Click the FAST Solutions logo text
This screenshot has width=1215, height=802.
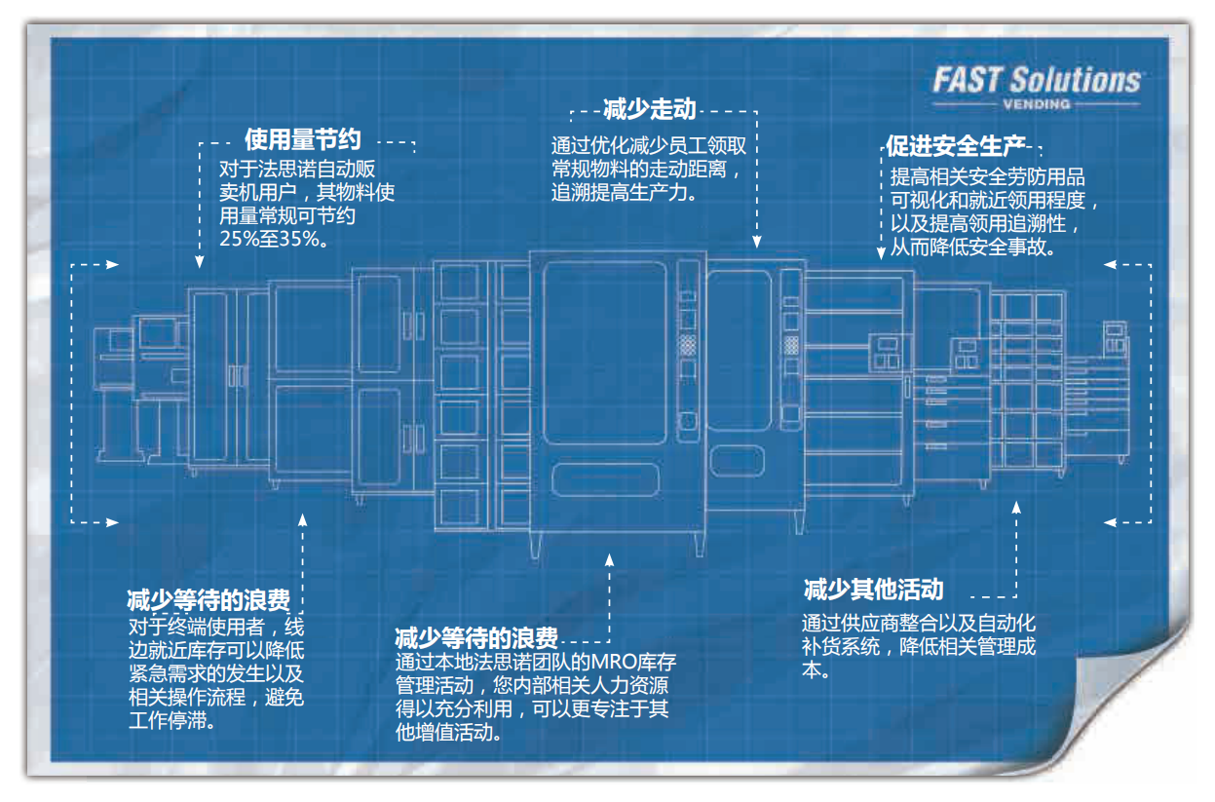tap(1036, 80)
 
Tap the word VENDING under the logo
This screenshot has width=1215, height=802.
tap(1036, 104)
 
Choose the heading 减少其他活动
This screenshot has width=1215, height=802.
tap(873, 590)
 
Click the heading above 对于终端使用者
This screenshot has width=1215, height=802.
tap(208, 599)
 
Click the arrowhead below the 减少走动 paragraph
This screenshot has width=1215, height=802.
tap(754, 245)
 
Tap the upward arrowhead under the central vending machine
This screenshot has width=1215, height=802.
tap(610, 560)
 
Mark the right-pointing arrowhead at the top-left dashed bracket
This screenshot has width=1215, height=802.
tap(114, 263)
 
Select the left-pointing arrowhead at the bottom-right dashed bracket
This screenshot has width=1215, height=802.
tap(1110, 522)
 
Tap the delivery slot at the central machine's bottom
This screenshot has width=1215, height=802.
tap(605, 478)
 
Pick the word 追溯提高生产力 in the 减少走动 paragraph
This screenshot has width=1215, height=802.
tap(624, 192)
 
